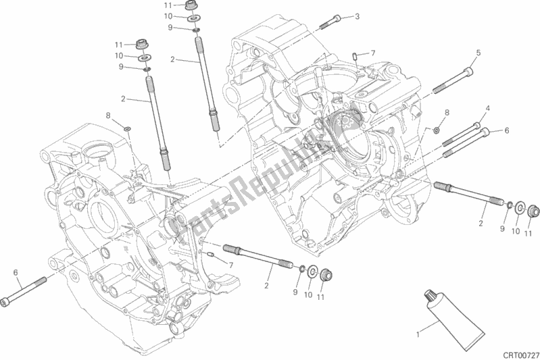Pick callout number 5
pos(478,53)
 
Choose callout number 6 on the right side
pos(506,130)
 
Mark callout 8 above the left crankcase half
pos(107,115)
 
